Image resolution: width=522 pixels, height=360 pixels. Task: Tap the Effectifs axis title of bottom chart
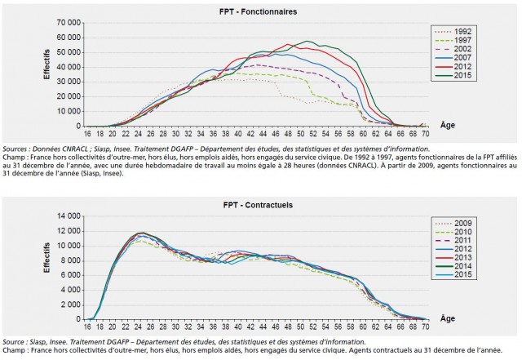tap(48, 264)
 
